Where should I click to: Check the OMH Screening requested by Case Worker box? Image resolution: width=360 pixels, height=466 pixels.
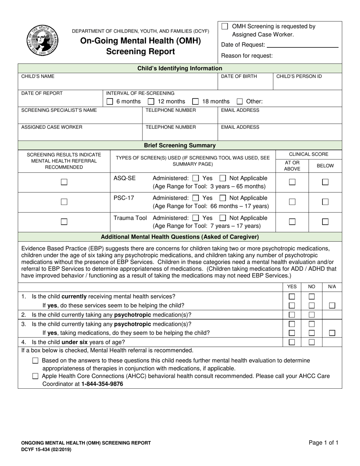(x=225, y=27)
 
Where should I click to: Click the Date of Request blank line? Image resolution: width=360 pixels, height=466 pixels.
(x=302, y=45)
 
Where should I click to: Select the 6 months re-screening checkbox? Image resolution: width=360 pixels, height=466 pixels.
(x=110, y=102)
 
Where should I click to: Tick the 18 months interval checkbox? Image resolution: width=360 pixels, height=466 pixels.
(x=196, y=102)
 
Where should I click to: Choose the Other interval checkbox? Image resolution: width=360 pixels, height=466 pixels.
(x=240, y=102)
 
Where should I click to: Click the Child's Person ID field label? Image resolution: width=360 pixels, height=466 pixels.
(x=299, y=77)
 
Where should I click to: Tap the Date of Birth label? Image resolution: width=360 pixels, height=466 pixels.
(x=239, y=77)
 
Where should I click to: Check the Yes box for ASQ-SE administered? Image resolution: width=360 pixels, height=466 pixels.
(x=196, y=178)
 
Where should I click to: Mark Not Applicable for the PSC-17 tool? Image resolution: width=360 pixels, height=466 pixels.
(x=223, y=198)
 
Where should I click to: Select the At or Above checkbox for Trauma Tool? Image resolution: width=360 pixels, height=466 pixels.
(x=292, y=222)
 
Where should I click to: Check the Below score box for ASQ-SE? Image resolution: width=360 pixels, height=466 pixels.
(x=325, y=182)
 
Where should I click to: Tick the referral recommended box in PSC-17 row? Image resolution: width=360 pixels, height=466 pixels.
(x=64, y=202)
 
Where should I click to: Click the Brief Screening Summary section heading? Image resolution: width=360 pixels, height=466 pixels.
(x=180, y=145)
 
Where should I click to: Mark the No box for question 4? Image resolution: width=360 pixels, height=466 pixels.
(x=311, y=342)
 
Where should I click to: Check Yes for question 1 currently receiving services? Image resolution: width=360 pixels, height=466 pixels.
(x=292, y=297)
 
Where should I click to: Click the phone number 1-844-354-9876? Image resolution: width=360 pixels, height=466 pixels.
(x=102, y=384)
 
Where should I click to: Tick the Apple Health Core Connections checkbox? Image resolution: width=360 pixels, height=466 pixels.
(x=35, y=376)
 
